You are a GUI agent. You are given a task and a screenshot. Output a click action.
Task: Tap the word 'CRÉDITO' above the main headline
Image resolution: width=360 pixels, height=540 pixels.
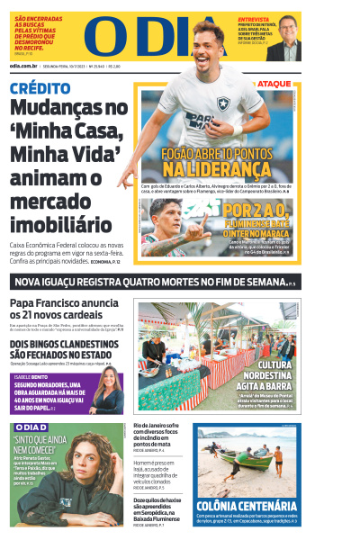click(40, 88)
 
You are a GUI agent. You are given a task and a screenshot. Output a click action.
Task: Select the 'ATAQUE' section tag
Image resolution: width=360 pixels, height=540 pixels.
click(274, 84)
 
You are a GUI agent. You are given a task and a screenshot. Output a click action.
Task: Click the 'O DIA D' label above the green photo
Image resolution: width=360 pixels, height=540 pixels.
click(31, 427)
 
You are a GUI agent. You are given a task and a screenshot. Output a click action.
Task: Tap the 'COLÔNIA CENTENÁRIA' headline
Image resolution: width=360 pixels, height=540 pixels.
click(246, 506)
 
